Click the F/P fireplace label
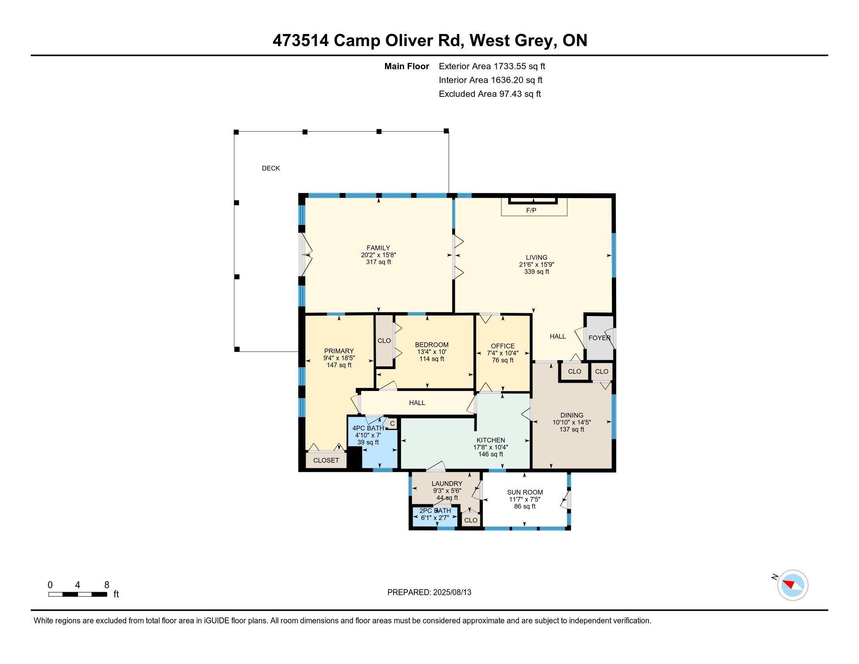click(531, 211)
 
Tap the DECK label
click(271, 168)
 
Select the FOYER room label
click(599, 338)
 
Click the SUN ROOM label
click(525, 492)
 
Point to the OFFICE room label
click(503, 346)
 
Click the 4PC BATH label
click(368, 428)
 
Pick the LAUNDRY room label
click(447, 484)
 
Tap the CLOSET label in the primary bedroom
click(326, 460)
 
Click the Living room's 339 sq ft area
click(536, 272)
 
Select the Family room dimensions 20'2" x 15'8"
click(378, 255)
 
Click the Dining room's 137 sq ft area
click(572, 429)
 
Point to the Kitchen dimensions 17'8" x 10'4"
click(490, 447)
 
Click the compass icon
click(793, 585)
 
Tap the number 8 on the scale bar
click(107, 585)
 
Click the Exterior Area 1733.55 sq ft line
click(492, 66)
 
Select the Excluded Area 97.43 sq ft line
click(490, 94)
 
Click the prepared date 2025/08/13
click(452, 593)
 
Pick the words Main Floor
click(407, 66)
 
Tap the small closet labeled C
click(392, 424)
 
